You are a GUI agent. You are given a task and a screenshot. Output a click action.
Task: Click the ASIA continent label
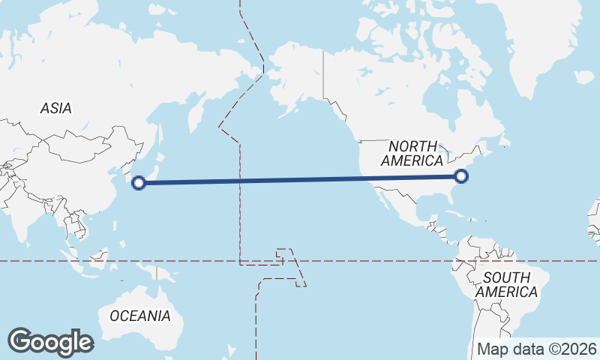pos(56,109)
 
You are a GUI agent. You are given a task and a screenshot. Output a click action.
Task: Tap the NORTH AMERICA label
pos(412,153)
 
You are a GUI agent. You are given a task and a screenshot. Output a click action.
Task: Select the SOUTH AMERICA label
pos(507,284)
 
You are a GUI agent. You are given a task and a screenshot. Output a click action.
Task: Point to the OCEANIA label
pos(140,316)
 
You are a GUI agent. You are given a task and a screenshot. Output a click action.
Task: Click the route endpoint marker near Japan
pos(139,181)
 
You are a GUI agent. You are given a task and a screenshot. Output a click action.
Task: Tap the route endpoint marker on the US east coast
pos(461,176)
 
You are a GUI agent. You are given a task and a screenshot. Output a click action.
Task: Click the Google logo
pos(50,342)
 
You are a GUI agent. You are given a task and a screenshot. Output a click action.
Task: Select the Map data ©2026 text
pos(537,349)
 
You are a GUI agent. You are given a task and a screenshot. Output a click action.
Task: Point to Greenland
pos(547,45)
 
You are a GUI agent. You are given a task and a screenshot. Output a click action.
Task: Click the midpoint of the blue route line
pos(300,179)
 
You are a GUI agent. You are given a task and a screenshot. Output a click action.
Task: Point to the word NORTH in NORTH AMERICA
pos(412,145)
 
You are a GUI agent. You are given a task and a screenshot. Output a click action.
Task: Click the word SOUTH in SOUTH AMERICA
pos(507,277)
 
